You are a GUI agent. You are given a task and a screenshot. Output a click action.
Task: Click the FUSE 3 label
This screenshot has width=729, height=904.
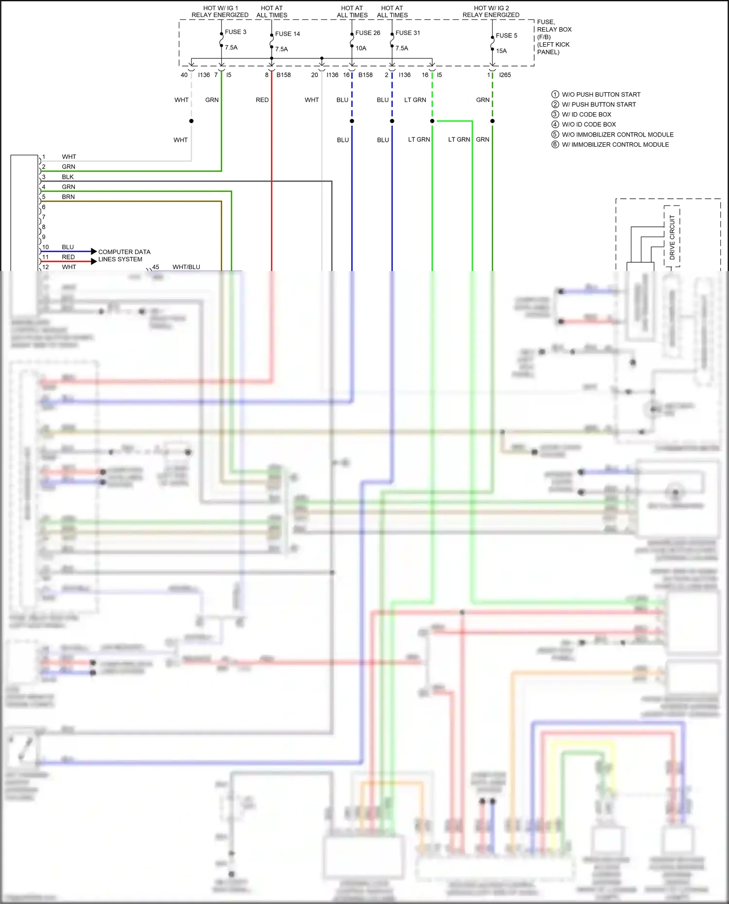tap(235, 32)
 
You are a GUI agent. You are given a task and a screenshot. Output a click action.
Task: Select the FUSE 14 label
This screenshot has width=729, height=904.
tap(287, 34)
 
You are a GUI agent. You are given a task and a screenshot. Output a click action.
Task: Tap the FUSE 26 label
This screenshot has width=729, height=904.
tap(367, 33)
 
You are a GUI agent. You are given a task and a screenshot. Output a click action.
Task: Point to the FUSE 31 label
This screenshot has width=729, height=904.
tap(408, 33)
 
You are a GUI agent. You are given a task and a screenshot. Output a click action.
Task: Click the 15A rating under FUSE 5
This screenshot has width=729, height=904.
tap(501, 51)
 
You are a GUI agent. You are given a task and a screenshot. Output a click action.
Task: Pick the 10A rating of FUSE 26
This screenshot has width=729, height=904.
tap(361, 48)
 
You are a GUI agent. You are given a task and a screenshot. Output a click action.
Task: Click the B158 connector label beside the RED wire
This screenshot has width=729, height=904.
tap(283, 75)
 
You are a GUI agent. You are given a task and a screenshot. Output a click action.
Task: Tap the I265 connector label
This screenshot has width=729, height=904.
tap(505, 75)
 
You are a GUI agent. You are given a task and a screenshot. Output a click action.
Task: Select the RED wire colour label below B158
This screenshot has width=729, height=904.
tap(262, 100)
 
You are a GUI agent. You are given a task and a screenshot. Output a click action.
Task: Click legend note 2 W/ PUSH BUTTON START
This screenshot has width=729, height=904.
tap(598, 104)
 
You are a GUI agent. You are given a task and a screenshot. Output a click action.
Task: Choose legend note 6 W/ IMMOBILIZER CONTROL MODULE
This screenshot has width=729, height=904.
tap(615, 145)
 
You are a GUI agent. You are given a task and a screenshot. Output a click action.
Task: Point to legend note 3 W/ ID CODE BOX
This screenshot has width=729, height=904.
tap(586, 115)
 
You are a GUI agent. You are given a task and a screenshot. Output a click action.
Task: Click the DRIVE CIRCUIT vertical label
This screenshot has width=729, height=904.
tap(672, 237)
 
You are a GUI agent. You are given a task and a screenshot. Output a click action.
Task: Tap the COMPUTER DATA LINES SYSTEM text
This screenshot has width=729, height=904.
tap(124, 256)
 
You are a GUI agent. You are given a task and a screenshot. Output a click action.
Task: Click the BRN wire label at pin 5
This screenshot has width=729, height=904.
tap(68, 197)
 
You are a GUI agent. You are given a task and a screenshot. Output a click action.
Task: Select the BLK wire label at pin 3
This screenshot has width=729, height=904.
tap(68, 177)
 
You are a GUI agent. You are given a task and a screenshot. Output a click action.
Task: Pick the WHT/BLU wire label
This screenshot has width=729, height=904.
tap(186, 267)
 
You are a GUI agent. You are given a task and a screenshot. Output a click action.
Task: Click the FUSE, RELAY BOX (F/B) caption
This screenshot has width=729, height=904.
tap(554, 37)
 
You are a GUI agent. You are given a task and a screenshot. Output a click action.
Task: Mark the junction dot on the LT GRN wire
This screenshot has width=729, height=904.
tap(432, 121)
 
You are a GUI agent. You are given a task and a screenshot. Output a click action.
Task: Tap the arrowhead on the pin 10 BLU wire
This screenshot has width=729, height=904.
tap(94, 252)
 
